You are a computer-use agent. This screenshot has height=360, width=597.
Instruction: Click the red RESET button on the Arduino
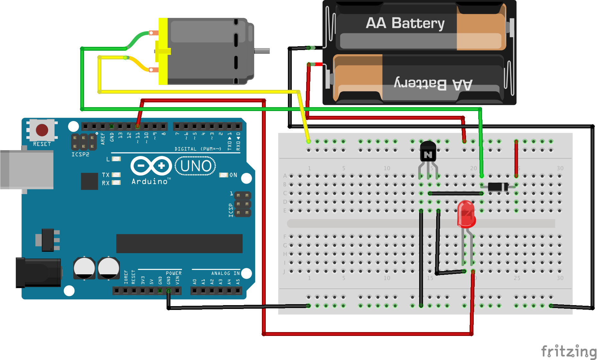click(x=42, y=130)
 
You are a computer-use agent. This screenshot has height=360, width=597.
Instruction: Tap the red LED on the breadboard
click(x=466, y=214)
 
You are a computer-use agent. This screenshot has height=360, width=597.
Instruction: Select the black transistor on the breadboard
click(x=428, y=151)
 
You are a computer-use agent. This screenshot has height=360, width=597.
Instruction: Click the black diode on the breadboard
click(x=498, y=187)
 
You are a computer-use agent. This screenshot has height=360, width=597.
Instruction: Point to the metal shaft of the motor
click(x=262, y=51)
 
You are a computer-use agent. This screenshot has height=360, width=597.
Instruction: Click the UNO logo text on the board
click(x=195, y=166)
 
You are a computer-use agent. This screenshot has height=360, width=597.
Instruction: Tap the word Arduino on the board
click(x=150, y=182)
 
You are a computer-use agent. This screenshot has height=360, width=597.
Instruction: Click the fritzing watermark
click(x=568, y=351)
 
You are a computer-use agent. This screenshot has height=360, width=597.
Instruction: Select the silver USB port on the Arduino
click(x=27, y=169)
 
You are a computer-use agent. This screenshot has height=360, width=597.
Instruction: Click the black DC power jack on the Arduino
click(x=39, y=273)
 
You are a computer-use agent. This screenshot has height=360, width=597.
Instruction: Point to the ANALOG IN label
click(x=225, y=273)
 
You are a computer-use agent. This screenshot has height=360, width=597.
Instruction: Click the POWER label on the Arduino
click(x=174, y=273)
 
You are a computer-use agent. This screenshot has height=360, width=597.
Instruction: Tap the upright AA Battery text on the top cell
click(x=405, y=23)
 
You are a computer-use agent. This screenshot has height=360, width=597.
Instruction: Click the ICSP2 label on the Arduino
click(x=80, y=155)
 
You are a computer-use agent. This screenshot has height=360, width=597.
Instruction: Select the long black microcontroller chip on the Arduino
click(x=179, y=244)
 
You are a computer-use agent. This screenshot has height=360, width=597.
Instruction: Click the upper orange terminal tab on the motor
click(x=154, y=33)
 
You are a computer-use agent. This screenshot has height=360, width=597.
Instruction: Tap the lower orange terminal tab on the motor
click(x=154, y=70)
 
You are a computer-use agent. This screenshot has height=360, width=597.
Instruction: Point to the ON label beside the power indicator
click(x=233, y=175)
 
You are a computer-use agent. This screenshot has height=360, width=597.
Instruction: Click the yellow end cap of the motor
click(x=163, y=51)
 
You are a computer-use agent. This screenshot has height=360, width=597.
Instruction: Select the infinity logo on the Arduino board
click(x=151, y=166)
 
